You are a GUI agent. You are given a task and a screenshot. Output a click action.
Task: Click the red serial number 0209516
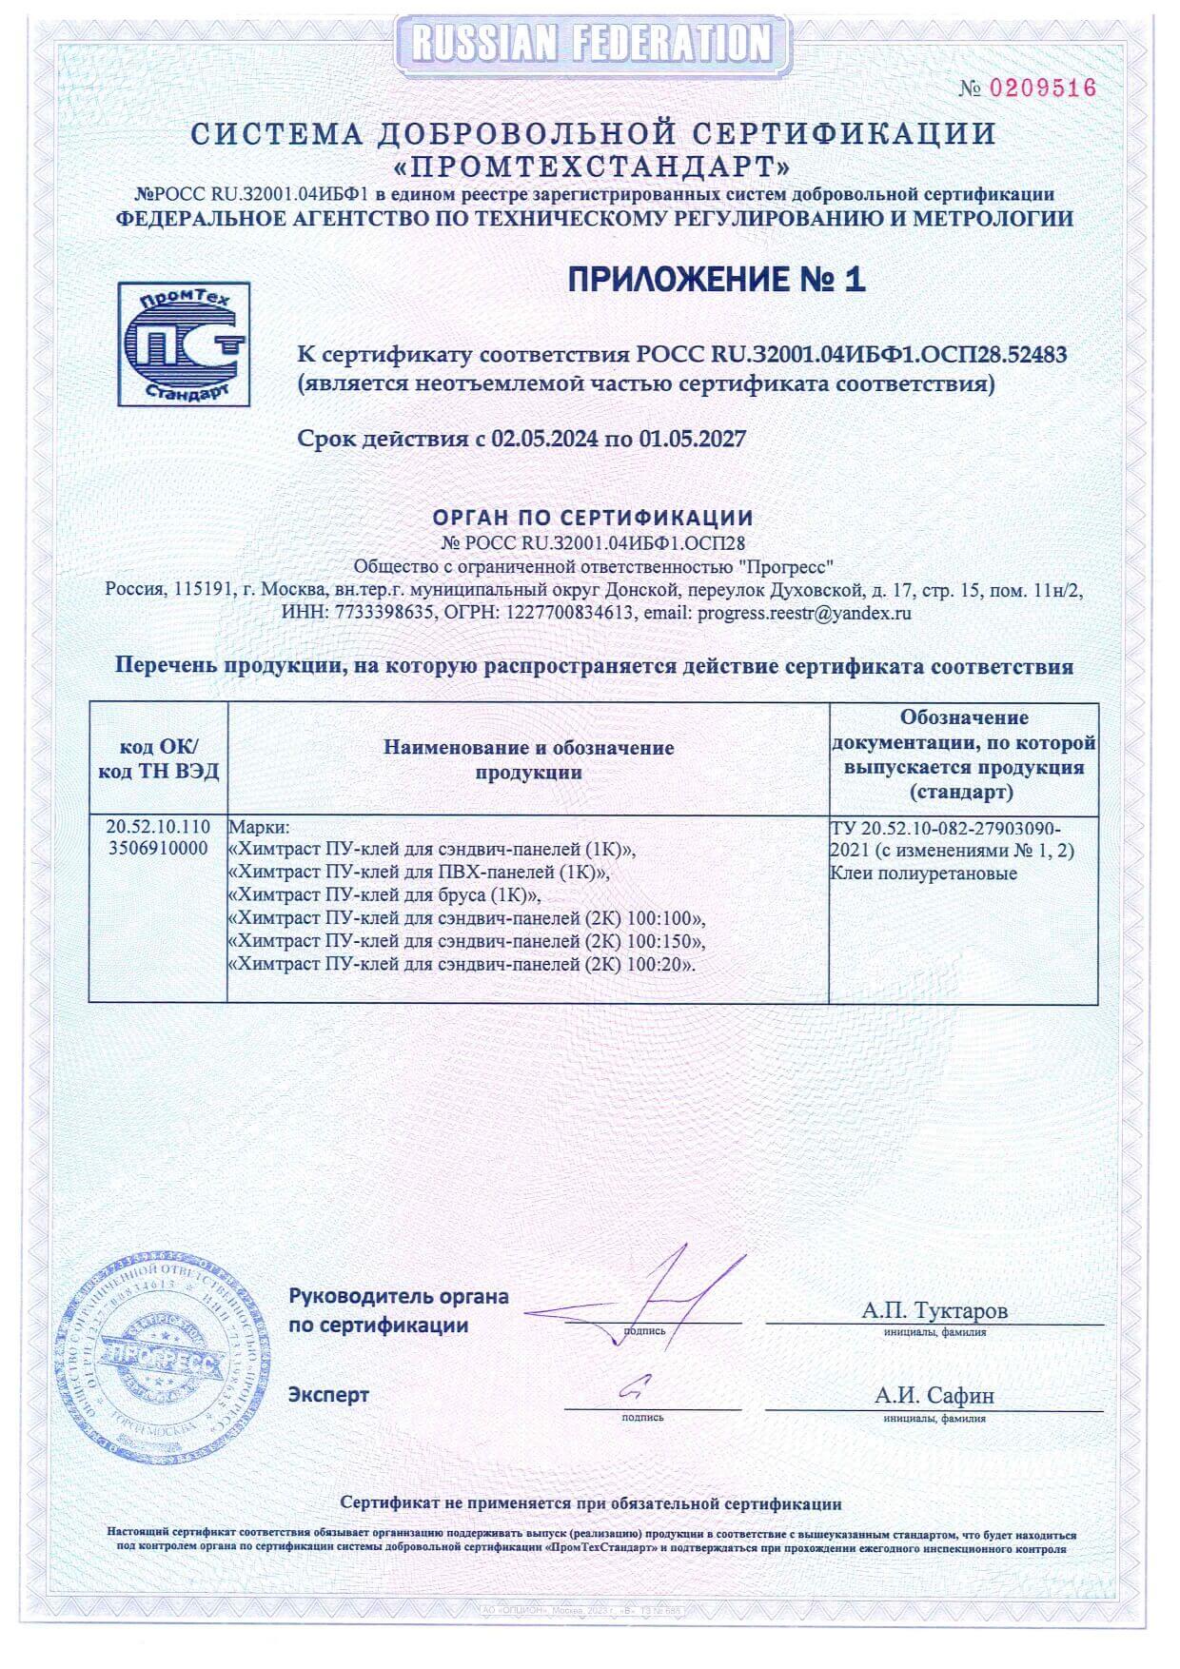[x=1043, y=88]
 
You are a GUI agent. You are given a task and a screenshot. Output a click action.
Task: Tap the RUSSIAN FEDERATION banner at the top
[x=591, y=44]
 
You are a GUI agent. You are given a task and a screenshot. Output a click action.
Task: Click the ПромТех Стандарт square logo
[x=184, y=344]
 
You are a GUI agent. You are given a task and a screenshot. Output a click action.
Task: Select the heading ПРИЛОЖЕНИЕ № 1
[x=717, y=279]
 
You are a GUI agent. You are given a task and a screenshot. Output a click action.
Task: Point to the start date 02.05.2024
[x=545, y=439]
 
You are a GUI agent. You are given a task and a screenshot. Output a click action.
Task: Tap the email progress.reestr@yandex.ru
[x=804, y=613]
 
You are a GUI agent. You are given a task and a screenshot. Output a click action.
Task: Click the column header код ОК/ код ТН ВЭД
[x=159, y=759]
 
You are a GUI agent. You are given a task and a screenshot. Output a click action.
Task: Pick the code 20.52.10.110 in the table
[x=159, y=828]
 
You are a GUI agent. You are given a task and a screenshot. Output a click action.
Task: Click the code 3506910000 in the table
[x=159, y=849]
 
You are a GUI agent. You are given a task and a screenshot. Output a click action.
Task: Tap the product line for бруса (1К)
[x=385, y=895]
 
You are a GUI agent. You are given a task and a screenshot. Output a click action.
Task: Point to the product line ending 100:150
[x=468, y=942]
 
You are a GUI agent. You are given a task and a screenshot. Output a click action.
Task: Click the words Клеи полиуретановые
[x=923, y=874]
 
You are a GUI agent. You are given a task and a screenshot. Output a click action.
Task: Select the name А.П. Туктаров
[x=934, y=1310]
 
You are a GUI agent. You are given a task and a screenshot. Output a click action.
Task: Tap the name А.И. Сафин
[x=934, y=1396]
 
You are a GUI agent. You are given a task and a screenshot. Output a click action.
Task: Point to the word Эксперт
[x=329, y=1395]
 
